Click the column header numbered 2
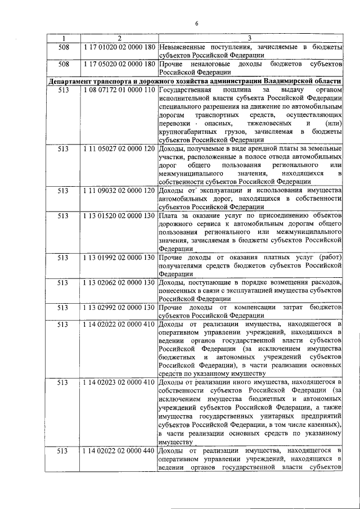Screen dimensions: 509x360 pyautogui.click(x=119, y=38)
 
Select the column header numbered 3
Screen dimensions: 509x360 pyautogui.click(x=250, y=38)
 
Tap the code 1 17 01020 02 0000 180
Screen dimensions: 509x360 pyautogui.click(x=119, y=47)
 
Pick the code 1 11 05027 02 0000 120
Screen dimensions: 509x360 pyautogui.click(x=119, y=148)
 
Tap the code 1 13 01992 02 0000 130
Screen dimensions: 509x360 pyautogui.click(x=119, y=257)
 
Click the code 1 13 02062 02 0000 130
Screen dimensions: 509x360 pyautogui.click(x=119, y=282)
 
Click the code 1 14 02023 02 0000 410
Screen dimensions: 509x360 pyautogui.click(x=119, y=382)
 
